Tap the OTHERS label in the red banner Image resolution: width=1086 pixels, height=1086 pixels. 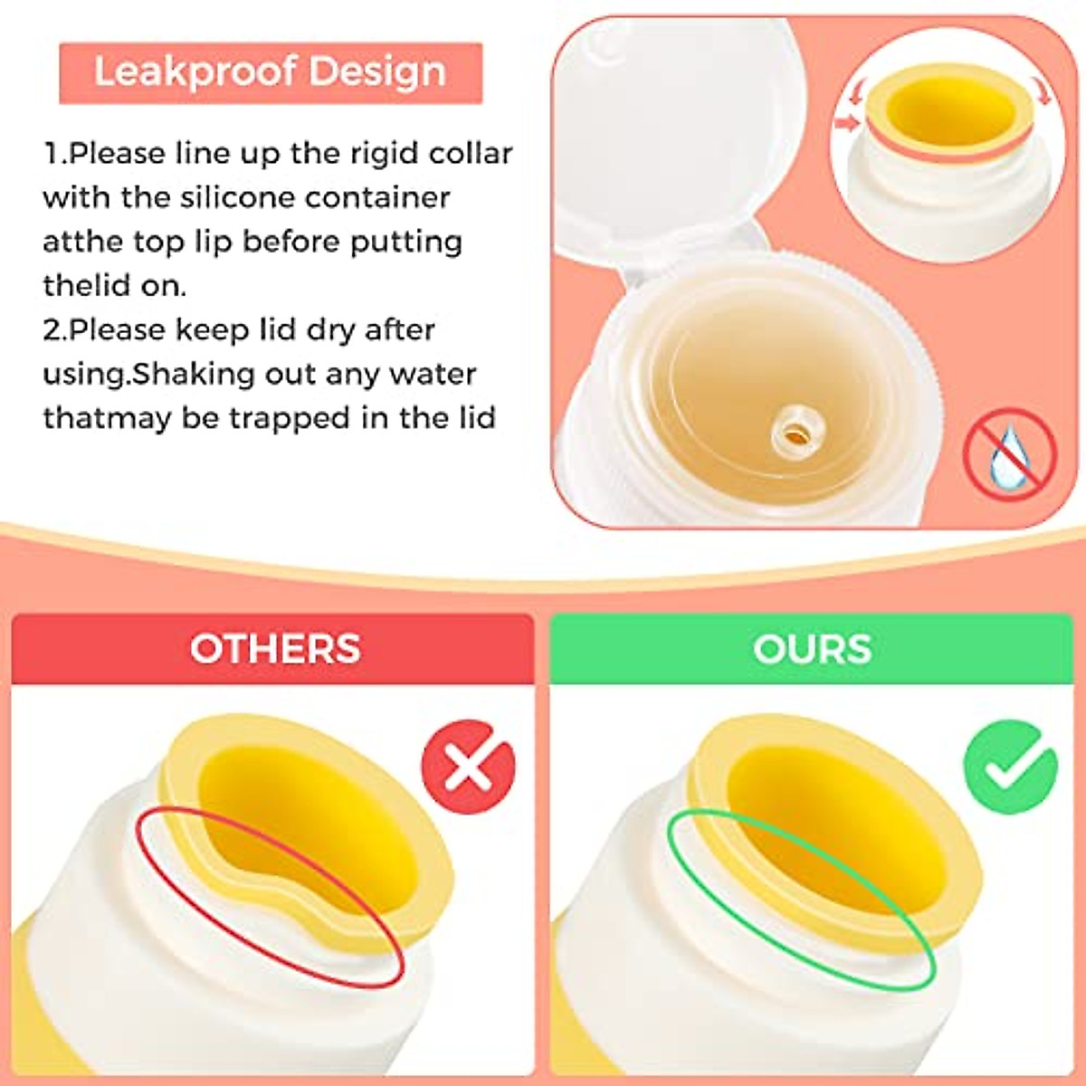tap(275, 649)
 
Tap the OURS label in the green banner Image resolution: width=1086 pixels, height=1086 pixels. tap(812, 649)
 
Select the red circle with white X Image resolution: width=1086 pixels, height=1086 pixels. tap(468, 767)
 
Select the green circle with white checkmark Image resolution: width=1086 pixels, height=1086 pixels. tap(1010, 767)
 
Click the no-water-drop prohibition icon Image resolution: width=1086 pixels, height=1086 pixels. tap(1009, 453)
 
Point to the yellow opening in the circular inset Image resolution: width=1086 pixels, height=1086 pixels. tap(950, 113)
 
